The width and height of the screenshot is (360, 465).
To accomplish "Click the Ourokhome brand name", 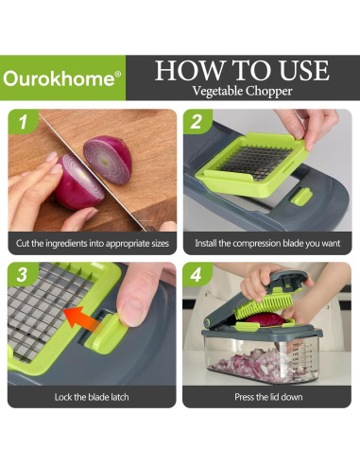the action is [x=59, y=77].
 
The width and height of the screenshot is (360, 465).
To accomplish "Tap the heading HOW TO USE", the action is [x=242, y=70].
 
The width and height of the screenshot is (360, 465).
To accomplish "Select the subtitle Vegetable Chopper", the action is [x=242, y=91].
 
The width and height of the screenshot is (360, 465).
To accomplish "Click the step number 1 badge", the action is [x=23, y=122].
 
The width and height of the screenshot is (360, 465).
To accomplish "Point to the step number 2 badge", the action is [x=197, y=122].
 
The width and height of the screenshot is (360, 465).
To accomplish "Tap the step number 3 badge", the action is [x=23, y=274].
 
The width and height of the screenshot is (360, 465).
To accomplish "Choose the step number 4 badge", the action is [x=197, y=274].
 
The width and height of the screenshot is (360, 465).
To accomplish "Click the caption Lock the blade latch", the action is [x=92, y=397].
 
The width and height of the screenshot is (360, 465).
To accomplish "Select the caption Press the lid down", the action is [x=268, y=397].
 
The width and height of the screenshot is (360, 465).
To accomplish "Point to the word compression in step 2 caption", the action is [x=257, y=244].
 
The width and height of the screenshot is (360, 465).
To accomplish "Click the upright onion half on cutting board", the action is [x=108, y=159].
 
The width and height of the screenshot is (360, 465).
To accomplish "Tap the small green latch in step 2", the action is [x=301, y=197].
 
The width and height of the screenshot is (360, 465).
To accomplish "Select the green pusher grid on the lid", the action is [x=264, y=303].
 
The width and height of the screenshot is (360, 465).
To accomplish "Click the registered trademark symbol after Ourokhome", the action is [x=117, y=74].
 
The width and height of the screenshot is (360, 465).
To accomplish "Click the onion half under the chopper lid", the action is [x=266, y=319].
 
